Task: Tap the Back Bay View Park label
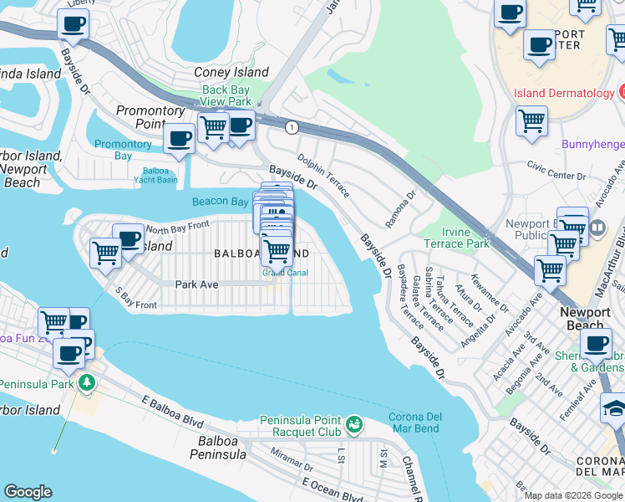click(x=226, y=95)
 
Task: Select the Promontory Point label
click(x=150, y=116)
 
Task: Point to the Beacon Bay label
click(x=221, y=202)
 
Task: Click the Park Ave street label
click(x=196, y=284)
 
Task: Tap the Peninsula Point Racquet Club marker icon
click(x=354, y=425)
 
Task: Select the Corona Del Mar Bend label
click(x=420, y=423)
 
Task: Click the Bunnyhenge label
click(x=592, y=145)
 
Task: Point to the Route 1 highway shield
click(x=292, y=127)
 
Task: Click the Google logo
click(x=28, y=492)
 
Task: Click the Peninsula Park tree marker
click(x=86, y=383)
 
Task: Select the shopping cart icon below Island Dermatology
click(x=531, y=122)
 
